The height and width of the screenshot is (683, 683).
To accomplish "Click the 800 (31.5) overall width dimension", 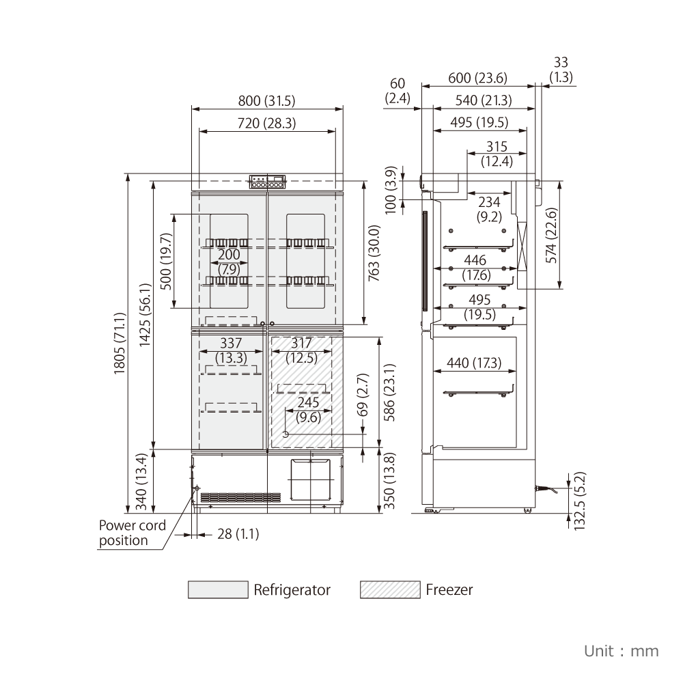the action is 266,100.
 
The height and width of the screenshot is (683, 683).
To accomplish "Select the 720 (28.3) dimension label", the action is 266,123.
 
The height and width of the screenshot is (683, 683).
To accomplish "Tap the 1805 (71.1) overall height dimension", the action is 120,344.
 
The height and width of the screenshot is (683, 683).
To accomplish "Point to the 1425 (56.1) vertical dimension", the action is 145,315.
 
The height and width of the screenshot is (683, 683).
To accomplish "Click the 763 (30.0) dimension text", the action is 374,253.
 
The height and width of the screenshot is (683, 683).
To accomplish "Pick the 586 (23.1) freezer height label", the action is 389,393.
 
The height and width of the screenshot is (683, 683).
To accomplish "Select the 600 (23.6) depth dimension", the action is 478,78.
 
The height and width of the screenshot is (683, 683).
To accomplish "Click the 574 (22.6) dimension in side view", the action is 551,235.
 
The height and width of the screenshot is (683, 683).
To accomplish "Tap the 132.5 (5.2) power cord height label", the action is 580,501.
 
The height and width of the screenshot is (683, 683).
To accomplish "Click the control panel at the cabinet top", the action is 268,182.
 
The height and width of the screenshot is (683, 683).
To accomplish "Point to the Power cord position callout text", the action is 133,533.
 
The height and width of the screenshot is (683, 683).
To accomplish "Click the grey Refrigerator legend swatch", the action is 219,590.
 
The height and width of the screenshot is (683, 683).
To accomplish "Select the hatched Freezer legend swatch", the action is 390,590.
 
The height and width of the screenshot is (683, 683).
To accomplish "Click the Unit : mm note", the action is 621,651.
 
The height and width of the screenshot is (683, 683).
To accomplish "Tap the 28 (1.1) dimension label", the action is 238,534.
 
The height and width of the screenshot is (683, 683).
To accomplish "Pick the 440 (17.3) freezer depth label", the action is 474,363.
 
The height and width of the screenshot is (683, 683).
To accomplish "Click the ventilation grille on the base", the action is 240,497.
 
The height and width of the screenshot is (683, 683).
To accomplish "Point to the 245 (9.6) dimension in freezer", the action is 309,410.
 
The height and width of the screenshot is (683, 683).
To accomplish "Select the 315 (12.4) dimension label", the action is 497,154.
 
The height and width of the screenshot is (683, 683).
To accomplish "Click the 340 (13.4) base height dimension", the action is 141,482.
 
